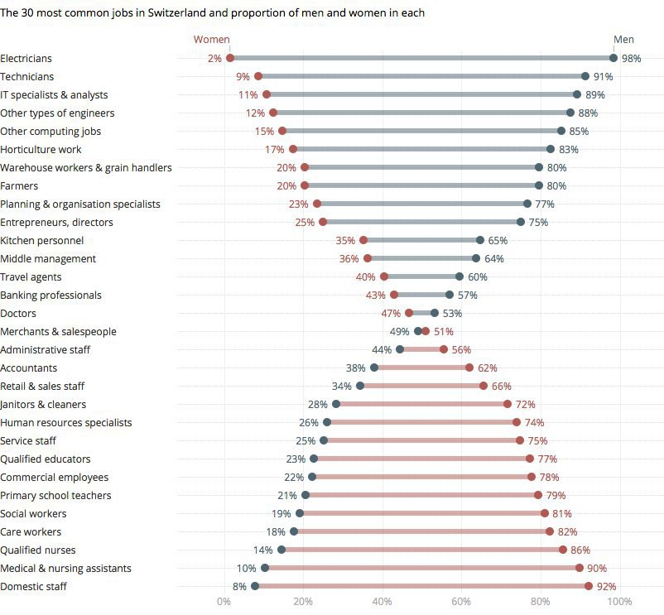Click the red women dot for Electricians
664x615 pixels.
tap(230, 58)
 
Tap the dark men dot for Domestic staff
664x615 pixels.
tap(255, 586)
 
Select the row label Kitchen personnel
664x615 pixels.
tap(42, 240)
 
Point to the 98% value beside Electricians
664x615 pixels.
tap(632, 59)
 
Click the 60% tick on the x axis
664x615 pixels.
tap(461, 601)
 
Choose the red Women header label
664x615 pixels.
tap(212, 39)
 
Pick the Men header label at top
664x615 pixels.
tap(623, 39)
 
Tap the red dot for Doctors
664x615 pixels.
tap(409, 313)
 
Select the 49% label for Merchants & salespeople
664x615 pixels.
tap(400, 331)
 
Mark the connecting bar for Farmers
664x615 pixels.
tap(421, 185)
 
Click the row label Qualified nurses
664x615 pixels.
tap(38, 550)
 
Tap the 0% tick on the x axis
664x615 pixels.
tap(224, 601)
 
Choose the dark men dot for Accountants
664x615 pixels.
tap(374, 368)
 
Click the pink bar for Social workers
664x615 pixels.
tap(421, 513)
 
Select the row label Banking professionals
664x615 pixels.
tap(51, 295)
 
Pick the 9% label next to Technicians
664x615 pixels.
tap(243, 76)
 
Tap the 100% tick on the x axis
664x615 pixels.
tap(620, 601)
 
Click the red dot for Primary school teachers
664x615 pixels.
tap(538, 495)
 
